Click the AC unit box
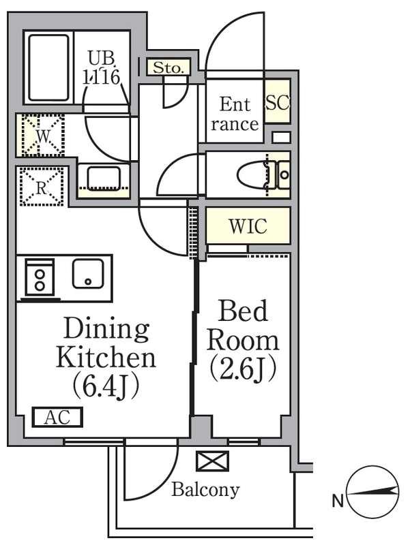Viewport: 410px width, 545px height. tap(57, 417)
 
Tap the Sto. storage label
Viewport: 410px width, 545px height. tap(168, 67)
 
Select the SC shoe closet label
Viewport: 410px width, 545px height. tap(278, 102)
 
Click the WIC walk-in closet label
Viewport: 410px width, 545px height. tap(248, 226)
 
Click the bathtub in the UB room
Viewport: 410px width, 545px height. tap(48, 67)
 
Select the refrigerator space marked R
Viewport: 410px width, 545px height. tap(42, 187)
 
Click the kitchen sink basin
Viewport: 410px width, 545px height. tap(89, 274)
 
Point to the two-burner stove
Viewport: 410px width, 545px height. tap(40, 279)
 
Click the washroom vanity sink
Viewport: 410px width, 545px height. tap(104, 178)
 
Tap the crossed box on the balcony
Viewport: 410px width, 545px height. tap(212, 461)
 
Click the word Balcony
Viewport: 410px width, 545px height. tap(205, 490)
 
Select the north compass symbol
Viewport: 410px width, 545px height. tap(372, 491)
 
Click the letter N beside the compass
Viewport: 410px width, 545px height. tap(338, 501)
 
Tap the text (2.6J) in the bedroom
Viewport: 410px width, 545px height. tap(244, 369)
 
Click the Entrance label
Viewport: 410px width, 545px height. tap(235, 114)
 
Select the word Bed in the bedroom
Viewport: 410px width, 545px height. tap(243, 311)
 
